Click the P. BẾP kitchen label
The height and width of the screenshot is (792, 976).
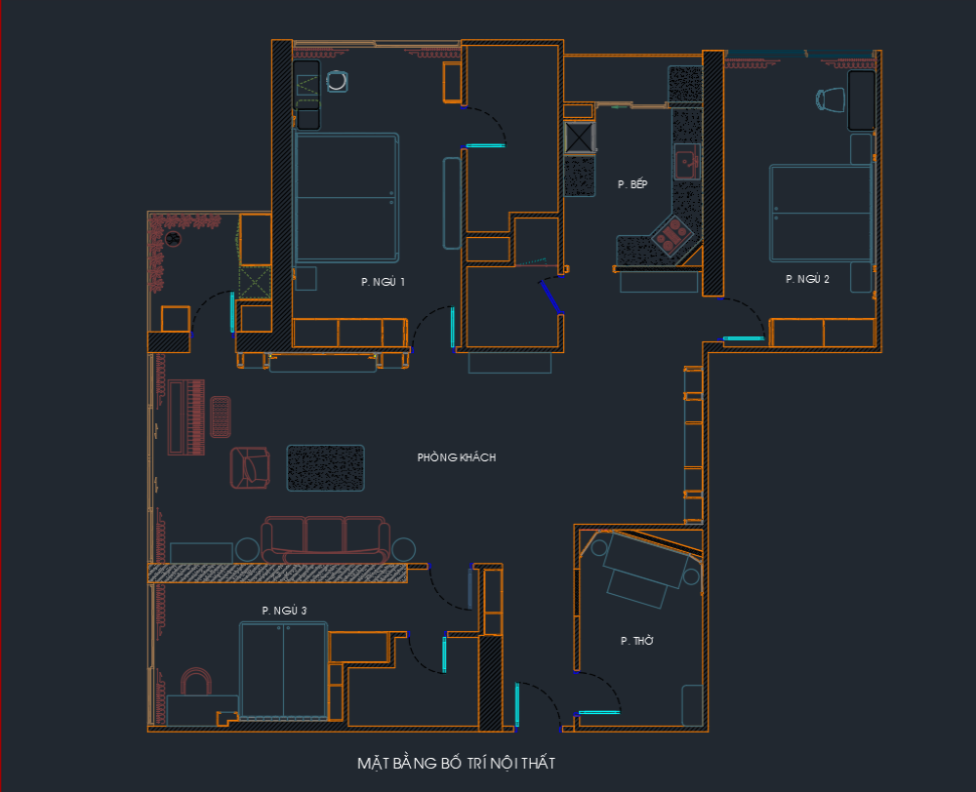pyautogui.click(x=632, y=184)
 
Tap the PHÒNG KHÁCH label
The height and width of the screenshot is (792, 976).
pyautogui.click(x=456, y=457)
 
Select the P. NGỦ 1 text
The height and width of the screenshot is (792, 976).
pyautogui.click(x=383, y=282)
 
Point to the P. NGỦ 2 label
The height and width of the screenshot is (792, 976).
pyautogui.click(x=807, y=279)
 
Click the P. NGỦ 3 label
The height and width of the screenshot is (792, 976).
pyautogui.click(x=284, y=611)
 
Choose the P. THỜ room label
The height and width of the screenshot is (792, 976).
pyautogui.click(x=636, y=640)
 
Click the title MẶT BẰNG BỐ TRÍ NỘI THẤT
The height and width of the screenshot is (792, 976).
pyautogui.click(x=456, y=764)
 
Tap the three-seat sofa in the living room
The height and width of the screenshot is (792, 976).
pyautogui.click(x=326, y=539)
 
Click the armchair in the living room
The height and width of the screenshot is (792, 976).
pyautogui.click(x=250, y=467)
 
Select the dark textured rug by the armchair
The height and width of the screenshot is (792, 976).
pyautogui.click(x=326, y=468)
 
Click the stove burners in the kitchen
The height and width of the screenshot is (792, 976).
pyautogui.click(x=671, y=236)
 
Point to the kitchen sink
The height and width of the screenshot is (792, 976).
pyautogui.click(x=687, y=162)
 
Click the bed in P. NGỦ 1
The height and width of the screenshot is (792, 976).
pyautogui.click(x=346, y=197)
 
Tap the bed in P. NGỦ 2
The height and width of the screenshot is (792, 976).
pyautogui.click(x=821, y=213)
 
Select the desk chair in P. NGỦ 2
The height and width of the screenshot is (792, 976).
pyautogui.click(x=831, y=99)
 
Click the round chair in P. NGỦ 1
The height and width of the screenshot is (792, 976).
pyautogui.click(x=337, y=81)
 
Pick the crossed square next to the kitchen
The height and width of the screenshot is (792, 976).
pyautogui.click(x=579, y=138)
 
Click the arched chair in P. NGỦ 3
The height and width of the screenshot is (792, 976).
pyautogui.click(x=196, y=681)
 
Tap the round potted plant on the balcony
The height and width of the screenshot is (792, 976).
pyautogui.click(x=173, y=238)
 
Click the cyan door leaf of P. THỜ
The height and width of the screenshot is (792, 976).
pyautogui.click(x=599, y=712)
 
